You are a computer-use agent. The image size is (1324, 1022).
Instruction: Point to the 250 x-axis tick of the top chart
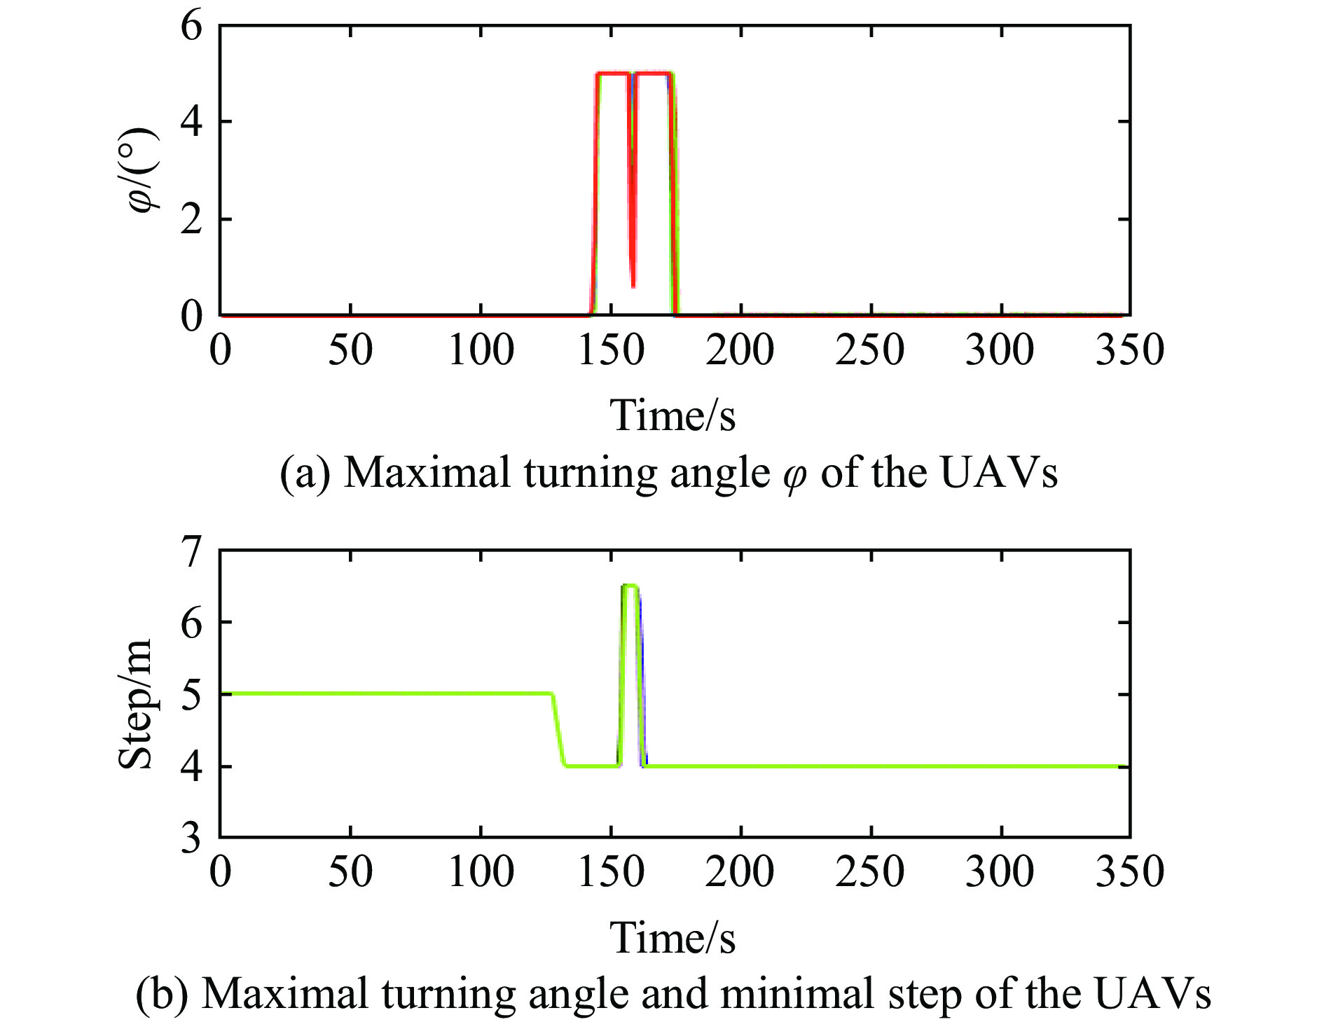click(x=869, y=350)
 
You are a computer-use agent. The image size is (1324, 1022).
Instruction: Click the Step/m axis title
click(x=136, y=704)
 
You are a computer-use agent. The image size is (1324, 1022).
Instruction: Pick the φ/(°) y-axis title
click(x=143, y=170)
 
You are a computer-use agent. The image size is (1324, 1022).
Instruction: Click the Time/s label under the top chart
click(x=673, y=415)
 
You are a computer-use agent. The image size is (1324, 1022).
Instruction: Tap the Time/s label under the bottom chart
click(x=673, y=938)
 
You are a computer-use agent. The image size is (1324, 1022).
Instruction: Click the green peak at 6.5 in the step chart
click(x=630, y=586)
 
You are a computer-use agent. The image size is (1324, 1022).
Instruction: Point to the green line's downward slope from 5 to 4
click(x=558, y=731)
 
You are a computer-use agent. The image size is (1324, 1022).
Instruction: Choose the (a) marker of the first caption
click(x=305, y=474)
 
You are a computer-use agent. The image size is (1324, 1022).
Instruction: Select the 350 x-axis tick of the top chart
click(x=1129, y=350)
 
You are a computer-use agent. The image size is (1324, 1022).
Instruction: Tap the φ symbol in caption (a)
click(x=794, y=476)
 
